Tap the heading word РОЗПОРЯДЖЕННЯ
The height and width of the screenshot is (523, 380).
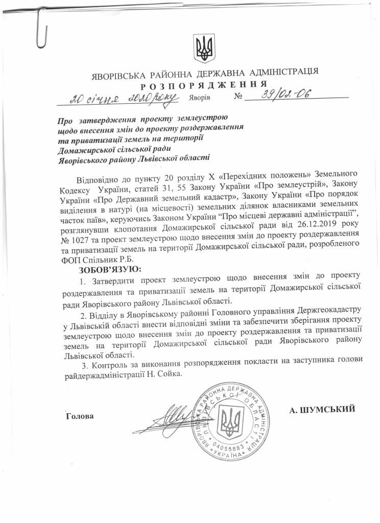(x=203, y=84)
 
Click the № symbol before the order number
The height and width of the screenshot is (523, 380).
(x=237, y=97)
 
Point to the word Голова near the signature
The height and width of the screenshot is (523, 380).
(x=80, y=416)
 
